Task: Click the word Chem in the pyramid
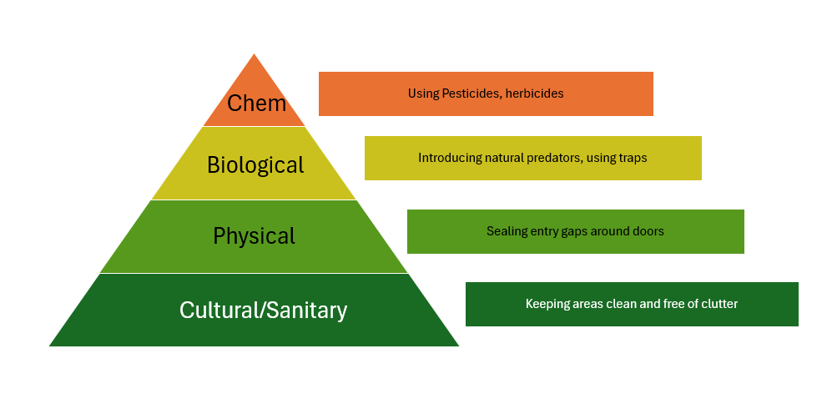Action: pos(257,103)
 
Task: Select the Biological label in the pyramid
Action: pos(255,165)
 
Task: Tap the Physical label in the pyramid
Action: pos(254,235)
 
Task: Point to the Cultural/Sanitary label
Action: pos(263,310)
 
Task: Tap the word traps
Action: pos(633,158)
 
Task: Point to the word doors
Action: pos(648,231)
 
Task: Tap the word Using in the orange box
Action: pos(423,93)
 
